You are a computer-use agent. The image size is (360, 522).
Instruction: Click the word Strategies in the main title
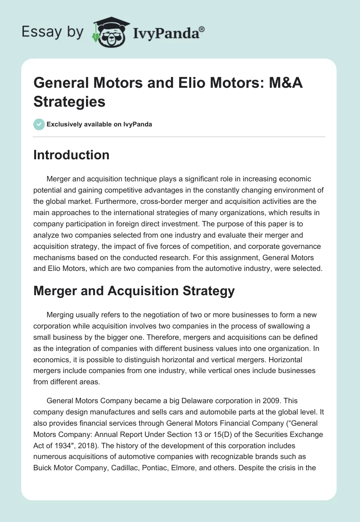(69, 102)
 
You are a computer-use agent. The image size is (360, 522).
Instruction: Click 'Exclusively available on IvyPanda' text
(99, 124)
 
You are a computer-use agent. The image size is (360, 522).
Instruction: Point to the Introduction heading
(72, 155)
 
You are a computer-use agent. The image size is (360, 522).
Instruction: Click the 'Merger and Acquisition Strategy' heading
(134, 291)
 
